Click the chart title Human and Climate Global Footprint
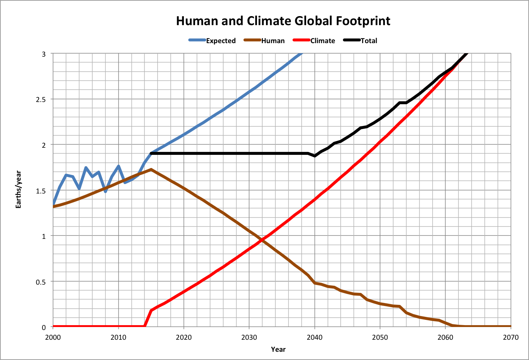click(x=283, y=21)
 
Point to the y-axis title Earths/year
click(x=18, y=190)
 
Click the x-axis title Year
click(x=278, y=349)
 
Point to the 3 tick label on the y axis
click(x=44, y=54)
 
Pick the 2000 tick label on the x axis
click(x=53, y=337)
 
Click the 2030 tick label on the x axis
click(x=249, y=337)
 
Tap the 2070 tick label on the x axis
click(x=511, y=337)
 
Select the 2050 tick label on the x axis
click(x=380, y=337)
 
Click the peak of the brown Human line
click(x=151, y=169)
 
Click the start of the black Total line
click(x=151, y=153)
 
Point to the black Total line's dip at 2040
click(x=314, y=156)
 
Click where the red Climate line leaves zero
click(x=145, y=326)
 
